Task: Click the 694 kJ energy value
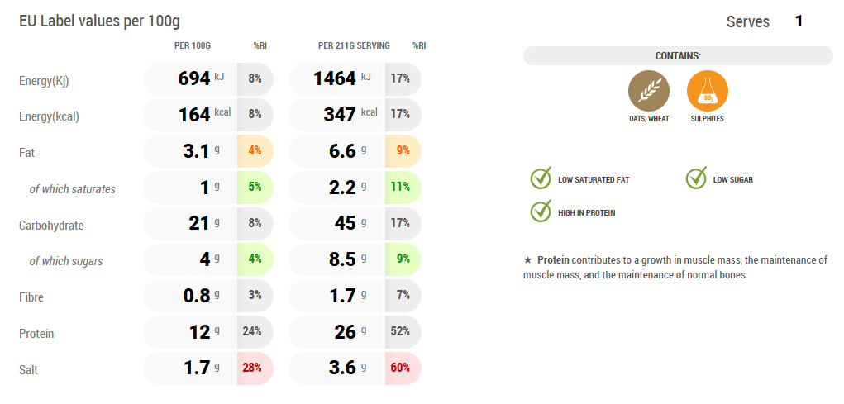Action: (x=194, y=79)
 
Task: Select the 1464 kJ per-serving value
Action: (x=336, y=79)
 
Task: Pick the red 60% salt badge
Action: (x=403, y=368)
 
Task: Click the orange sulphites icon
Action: (x=708, y=91)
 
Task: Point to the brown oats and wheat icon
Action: (x=649, y=91)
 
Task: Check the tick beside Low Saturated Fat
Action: (x=541, y=178)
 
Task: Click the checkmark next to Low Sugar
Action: (x=696, y=178)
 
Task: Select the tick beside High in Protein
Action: (x=541, y=212)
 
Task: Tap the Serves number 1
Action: (x=799, y=21)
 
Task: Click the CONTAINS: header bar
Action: (x=678, y=55)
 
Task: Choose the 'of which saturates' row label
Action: (x=73, y=189)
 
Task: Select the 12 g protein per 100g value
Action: (x=201, y=332)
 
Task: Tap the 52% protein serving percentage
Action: (x=403, y=332)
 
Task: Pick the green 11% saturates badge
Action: (x=403, y=188)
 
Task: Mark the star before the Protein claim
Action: (x=527, y=260)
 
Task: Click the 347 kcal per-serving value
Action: (x=340, y=115)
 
